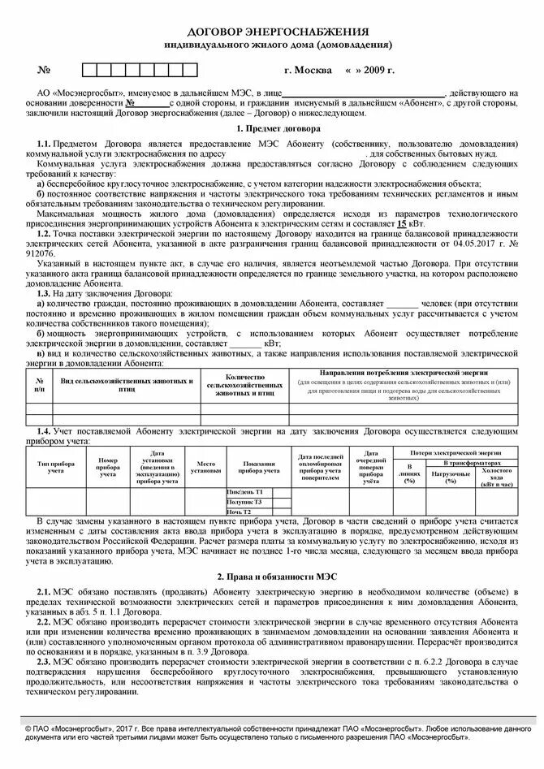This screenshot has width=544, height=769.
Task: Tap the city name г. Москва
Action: point(308,71)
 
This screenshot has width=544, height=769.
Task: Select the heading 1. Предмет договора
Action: point(278,128)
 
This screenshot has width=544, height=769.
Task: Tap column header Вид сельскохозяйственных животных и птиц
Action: point(127,385)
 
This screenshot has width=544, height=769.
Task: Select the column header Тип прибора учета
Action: point(56,466)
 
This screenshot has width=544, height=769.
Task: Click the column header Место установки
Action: point(205,466)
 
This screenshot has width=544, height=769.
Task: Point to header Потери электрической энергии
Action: point(455,450)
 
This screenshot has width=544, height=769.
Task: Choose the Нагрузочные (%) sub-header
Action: point(450,477)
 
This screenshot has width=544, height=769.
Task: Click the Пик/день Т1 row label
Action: point(244,492)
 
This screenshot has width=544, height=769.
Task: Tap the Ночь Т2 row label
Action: point(239,512)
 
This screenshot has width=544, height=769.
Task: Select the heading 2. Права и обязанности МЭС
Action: point(278,576)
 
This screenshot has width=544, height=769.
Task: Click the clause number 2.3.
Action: point(43,663)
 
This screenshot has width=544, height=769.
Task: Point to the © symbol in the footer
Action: point(28,729)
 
